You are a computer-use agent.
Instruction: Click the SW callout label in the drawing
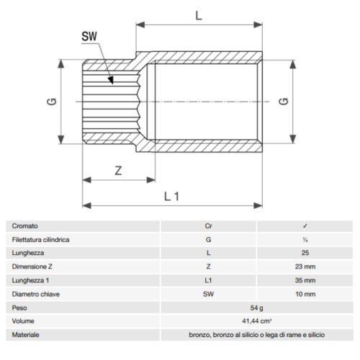coord(89,37)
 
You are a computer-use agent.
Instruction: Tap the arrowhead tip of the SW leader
coord(112,84)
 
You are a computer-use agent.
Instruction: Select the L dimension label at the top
coord(199,16)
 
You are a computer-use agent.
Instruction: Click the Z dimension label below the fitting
coord(118,171)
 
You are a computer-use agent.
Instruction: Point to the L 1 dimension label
coord(172,197)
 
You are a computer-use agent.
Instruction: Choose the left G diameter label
coord(52,102)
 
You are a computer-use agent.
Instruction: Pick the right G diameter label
coord(284,102)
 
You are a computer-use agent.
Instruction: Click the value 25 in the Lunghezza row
coord(305,253)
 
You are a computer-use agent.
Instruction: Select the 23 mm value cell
coord(305,266)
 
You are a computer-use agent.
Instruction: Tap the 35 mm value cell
coord(305,280)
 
